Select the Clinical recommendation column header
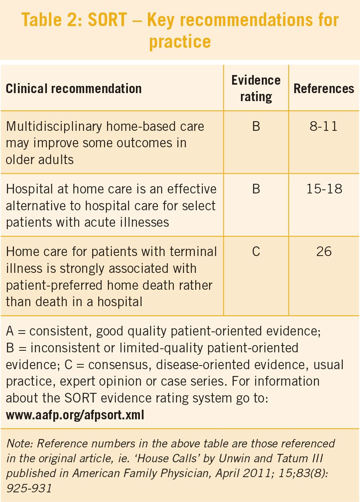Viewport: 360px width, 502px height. [73, 88]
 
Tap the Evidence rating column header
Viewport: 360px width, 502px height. [256, 88]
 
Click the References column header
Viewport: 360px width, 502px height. [324, 88]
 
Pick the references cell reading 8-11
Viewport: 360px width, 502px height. [324, 127]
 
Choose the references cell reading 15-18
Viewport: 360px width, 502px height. [324, 189]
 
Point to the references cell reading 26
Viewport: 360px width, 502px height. [324, 252]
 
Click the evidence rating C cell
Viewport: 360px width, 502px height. [256, 252]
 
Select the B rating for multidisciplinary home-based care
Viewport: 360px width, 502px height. [256, 127]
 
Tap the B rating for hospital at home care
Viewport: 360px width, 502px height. [256, 189]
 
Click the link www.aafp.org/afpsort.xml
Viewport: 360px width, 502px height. [75, 415]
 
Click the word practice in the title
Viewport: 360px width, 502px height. [180, 41]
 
